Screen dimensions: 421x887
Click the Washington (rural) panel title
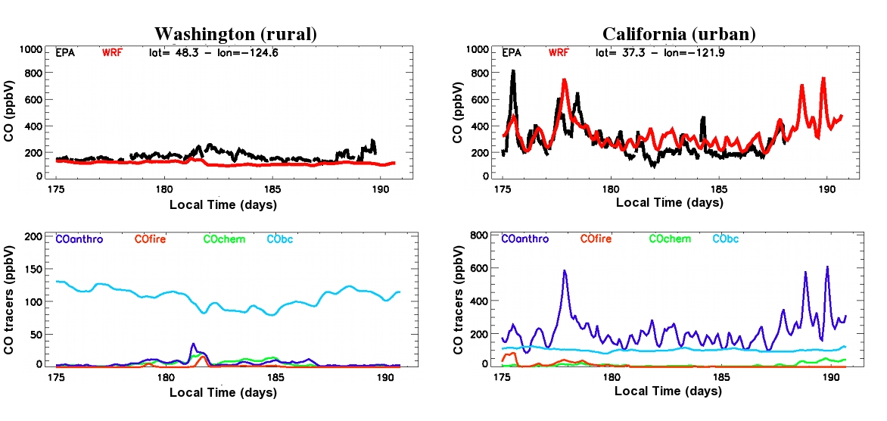tap(235, 34)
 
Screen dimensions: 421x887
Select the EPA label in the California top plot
tap(512, 53)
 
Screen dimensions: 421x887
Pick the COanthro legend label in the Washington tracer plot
tap(80, 239)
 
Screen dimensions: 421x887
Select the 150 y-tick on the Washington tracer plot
tap(36, 269)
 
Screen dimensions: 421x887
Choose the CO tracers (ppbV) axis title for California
tap(459, 299)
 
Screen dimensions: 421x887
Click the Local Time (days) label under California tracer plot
tap(668, 391)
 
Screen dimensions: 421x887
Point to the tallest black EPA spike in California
tap(513, 72)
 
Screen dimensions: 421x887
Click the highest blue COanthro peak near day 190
tap(826, 267)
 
